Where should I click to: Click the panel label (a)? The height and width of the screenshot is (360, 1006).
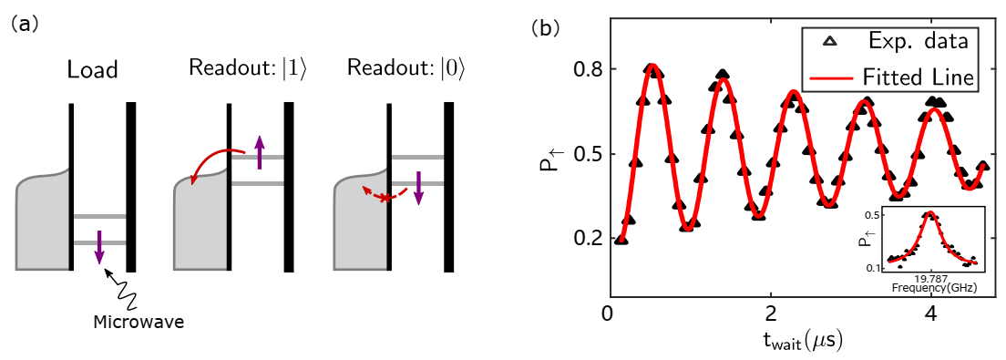25,25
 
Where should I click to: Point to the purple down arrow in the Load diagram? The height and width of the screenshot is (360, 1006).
100,247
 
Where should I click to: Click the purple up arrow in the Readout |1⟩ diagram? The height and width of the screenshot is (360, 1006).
260,152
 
